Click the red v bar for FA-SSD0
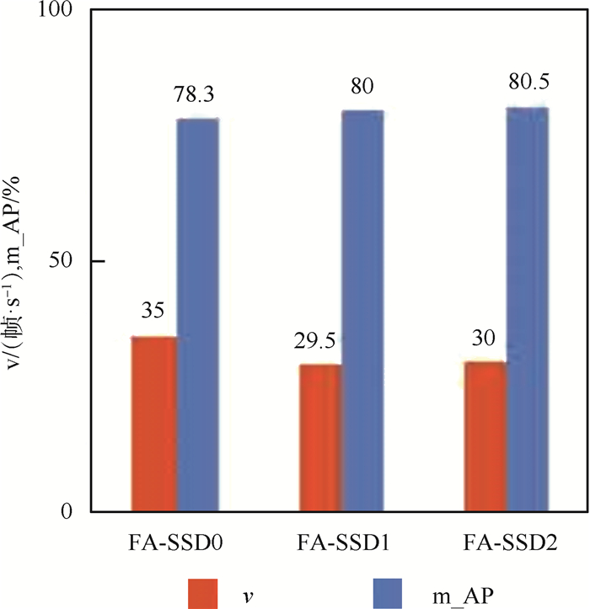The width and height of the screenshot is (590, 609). click(x=152, y=424)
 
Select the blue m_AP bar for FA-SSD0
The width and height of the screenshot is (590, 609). click(x=197, y=314)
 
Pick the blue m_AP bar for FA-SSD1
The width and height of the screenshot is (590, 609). click(x=362, y=310)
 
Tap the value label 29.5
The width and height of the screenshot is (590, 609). click(x=317, y=343)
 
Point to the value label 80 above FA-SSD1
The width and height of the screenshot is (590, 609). click(x=362, y=88)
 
